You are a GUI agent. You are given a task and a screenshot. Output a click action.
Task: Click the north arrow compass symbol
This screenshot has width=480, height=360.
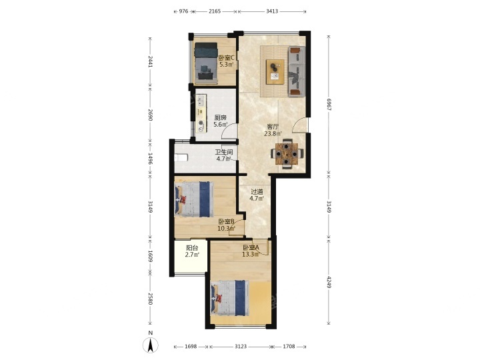pyautogui.click(x=150, y=345)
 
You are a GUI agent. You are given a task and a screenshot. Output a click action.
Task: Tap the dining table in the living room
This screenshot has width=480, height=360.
pyautogui.click(x=287, y=154)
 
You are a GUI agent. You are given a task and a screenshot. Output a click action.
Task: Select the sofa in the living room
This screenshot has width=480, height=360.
pyautogui.click(x=297, y=71)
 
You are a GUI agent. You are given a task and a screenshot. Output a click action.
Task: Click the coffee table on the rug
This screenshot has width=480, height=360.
pyautogui.click(x=275, y=72)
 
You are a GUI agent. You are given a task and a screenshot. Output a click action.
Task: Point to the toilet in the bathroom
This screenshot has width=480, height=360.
pyautogui.click(x=181, y=157)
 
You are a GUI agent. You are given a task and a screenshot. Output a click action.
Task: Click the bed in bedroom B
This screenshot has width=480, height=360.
pyautogui.click(x=194, y=199)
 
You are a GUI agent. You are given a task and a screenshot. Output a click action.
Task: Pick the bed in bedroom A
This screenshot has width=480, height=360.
pyautogui.click(x=230, y=299)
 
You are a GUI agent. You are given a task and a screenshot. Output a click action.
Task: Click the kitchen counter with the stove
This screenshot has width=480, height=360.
pyautogui.click(x=201, y=113)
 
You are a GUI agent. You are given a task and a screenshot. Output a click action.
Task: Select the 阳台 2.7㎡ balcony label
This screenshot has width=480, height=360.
pyautogui.click(x=192, y=251)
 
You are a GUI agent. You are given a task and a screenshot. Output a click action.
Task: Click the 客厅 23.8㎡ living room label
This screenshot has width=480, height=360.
pyautogui.click(x=273, y=130)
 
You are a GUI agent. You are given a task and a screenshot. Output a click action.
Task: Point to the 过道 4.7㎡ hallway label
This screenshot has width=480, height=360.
pyautogui.click(x=257, y=195)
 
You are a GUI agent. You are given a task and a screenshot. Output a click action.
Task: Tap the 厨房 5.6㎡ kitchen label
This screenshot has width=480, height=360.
pyautogui.click(x=221, y=121)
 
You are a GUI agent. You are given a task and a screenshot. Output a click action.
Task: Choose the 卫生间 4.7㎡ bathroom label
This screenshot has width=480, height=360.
pyautogui.click(x=224, y=155)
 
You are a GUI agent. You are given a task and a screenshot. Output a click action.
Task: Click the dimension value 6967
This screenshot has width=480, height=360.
pyautogui.click(x=329, y=104)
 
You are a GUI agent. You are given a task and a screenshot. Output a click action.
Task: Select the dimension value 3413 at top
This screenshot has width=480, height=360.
pyautogui.click(x=272, y=11)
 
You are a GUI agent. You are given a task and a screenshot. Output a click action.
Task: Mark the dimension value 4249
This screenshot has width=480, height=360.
pyautogui.click(x=329, y=282)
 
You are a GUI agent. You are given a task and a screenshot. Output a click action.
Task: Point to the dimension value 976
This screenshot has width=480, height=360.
pyautogui.click(x=183, y=11)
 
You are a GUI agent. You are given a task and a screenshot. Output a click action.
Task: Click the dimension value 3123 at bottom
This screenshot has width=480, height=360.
pyautogui.click(x=241, y=346)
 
